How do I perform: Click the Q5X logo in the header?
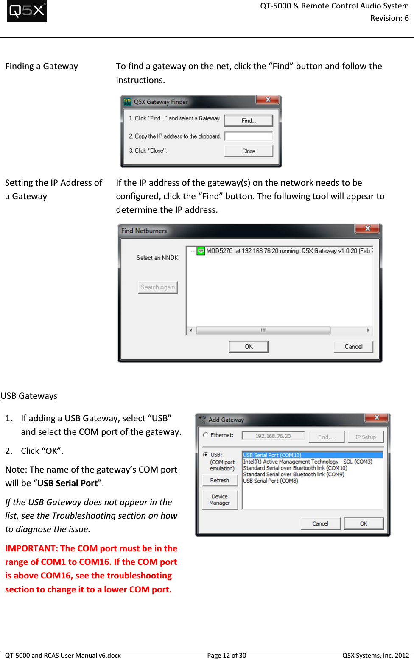tap(27, 11)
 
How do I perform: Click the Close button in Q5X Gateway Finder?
tap(249, 151)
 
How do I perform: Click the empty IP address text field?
tap(249, 136)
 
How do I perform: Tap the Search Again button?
tap(157, 287)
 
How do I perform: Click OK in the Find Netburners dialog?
tap(249, 347)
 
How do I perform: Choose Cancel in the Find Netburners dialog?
tap(353, 347)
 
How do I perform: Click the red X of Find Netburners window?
tap(367, 228)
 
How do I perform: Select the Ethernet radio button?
tap(206, 435)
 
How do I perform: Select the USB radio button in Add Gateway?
tap(206, 454)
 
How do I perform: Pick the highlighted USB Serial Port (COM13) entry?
tap(272, 455)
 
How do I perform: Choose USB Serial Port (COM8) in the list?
tap(271, 481)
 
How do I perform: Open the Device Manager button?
tap(220, 500)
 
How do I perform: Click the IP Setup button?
tap(366, 437)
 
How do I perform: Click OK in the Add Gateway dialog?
tap(364, 523)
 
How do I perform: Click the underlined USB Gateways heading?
tap(29, 396)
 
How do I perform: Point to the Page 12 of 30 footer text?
tap(227, 655)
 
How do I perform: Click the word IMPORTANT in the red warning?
tap(31, 548)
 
